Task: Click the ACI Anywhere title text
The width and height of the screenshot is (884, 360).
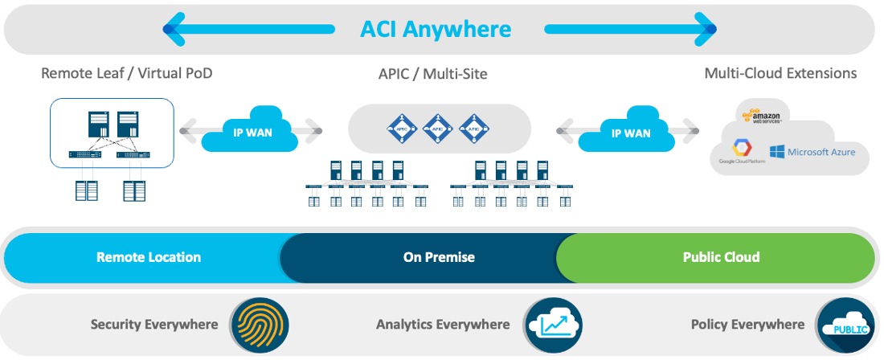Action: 434,30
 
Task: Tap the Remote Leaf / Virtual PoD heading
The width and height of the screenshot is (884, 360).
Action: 127,74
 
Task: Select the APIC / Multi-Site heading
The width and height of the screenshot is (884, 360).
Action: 433,74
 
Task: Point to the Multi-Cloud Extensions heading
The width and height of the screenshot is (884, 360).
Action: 780,73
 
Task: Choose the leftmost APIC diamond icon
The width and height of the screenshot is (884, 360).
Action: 401,127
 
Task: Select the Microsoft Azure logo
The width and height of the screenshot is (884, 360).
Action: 812,151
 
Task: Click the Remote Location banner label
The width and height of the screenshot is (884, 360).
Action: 149,257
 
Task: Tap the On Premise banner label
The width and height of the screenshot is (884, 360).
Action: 439,257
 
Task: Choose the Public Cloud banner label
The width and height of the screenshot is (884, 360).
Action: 721,257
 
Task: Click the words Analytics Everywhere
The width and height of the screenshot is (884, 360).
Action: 443,325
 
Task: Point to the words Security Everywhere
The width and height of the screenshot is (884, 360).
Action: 154,325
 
